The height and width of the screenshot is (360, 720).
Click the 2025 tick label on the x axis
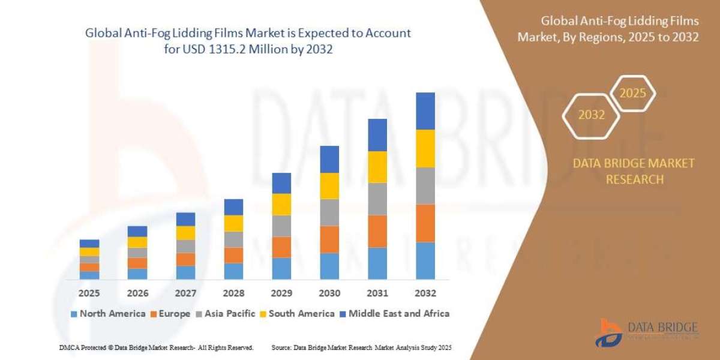click(x=89, y=293)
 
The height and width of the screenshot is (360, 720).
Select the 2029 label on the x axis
click(x=281, y=293)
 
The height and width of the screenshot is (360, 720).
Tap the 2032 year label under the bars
click(x=425, y=293)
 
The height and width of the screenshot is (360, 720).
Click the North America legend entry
click(x=108, y=313)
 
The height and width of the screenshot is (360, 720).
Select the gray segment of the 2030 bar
click(x=329, y=212)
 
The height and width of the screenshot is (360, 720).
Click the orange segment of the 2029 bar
click(x=281, y=247)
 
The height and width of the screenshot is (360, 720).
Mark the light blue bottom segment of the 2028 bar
click(x=233, y=271)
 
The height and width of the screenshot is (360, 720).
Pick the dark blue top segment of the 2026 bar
click(x=137, y=231)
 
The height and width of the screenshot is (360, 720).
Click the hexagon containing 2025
click(x=632, y=94)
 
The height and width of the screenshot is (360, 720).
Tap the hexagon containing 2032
click(x=591, y=115)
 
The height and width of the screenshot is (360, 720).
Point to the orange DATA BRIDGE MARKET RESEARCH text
click(x=633, y=171)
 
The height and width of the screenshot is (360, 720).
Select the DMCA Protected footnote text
click(x=157, y=347)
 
